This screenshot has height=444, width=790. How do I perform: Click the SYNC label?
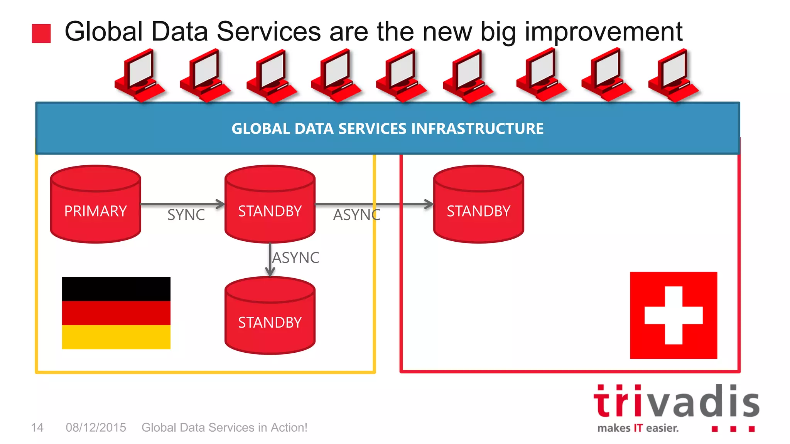click(x=186, y=215)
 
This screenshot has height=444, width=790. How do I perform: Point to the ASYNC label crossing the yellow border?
click(x=356, y=215)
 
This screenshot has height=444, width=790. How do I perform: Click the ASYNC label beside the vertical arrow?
click(x=296, y=258)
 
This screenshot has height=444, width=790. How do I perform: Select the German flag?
click(x=116, y=313)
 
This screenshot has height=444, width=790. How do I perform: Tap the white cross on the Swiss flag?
click(x=674, y=315)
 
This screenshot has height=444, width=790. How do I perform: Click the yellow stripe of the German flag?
click(x=116, y=337)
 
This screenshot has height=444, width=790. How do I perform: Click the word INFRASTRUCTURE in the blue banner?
click(x=477, y=129)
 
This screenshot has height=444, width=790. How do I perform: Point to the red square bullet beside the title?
click(x=41, y=34)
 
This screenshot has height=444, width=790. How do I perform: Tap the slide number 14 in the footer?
click(x=37, y=427)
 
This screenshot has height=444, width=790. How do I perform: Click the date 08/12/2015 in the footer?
click(x=96, y=427)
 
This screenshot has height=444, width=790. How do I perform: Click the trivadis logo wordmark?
click(x=676, y=402)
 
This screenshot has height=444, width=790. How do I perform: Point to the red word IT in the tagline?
click(x=638, y=428)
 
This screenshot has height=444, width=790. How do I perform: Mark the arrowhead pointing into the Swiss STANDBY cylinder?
click(x=429, y=204)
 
